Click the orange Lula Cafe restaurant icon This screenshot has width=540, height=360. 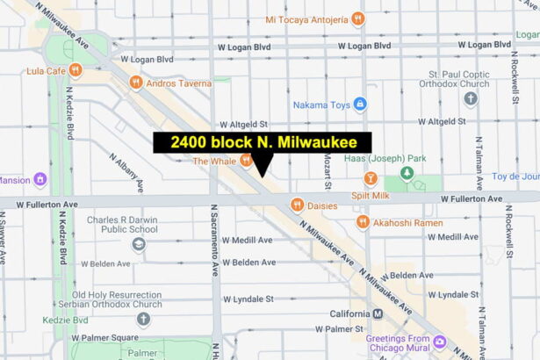click(x=76, y=70)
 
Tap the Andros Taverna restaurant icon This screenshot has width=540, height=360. click(x=135, y=83)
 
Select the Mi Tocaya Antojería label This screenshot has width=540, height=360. click(x=306, y=18)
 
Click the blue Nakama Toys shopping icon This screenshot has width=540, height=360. click(x=361, y=105)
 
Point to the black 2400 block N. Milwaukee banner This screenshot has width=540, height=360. click(x=263, y=142)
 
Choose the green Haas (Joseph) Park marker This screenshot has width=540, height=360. click(x=406, y=172)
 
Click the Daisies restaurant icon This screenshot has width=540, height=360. click(x=298, y=205)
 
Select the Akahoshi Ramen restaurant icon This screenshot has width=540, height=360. click(x=363, y=223)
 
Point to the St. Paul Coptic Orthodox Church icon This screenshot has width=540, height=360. click(x=471, y=97)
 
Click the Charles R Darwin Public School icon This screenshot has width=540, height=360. click(x=138, y=243)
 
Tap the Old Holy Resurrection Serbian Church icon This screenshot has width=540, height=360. click(x=143, y=318)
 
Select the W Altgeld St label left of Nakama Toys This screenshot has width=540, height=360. click(x=242, y=126)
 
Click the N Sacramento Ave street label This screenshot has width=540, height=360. click(x=213, y=241)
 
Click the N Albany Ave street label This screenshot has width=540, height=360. click(x=126, y=172)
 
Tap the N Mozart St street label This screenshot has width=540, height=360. click(x=327, y=167)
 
